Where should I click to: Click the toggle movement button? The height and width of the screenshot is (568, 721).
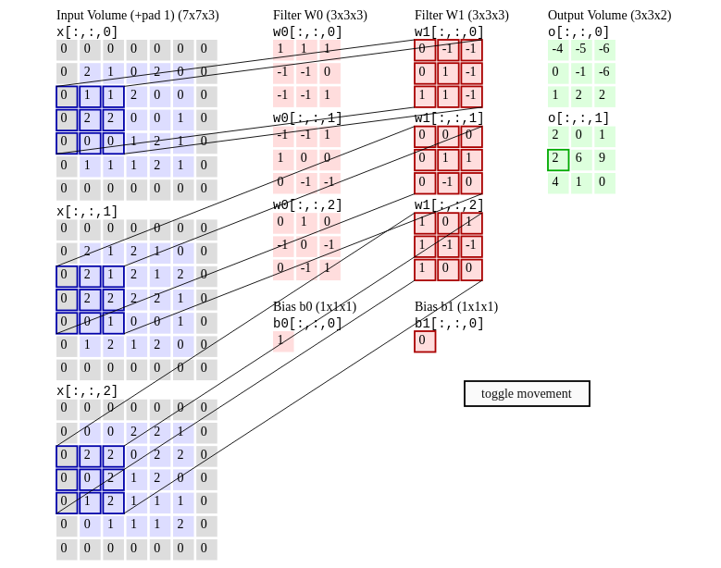527,393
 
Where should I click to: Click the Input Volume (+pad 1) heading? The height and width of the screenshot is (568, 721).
138,15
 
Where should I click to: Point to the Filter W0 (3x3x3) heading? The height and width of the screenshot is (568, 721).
319,15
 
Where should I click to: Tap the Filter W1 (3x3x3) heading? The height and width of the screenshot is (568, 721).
461,15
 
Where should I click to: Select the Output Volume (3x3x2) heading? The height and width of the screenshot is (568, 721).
609,15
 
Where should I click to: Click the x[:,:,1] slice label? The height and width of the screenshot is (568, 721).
87,212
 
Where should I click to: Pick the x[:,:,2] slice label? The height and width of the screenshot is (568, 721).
87,391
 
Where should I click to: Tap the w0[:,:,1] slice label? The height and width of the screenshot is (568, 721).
307,118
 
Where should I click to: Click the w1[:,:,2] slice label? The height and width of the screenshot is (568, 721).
449,205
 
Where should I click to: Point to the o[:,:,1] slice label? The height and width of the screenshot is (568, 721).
578,118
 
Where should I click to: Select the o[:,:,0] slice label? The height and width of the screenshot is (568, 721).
578,32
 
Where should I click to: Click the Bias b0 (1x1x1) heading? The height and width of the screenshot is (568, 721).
314,306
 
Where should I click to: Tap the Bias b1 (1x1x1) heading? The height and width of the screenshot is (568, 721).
455,306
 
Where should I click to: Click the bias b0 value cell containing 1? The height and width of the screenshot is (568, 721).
282,340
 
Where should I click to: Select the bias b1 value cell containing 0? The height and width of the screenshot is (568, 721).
424,340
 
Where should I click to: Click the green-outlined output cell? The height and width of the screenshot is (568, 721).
557,159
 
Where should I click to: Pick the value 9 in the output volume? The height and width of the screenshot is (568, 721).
603,159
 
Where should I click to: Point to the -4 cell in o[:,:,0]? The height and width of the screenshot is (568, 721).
557,50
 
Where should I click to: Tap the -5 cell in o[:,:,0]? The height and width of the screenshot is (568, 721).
580,50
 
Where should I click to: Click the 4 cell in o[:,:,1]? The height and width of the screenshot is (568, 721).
557,182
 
